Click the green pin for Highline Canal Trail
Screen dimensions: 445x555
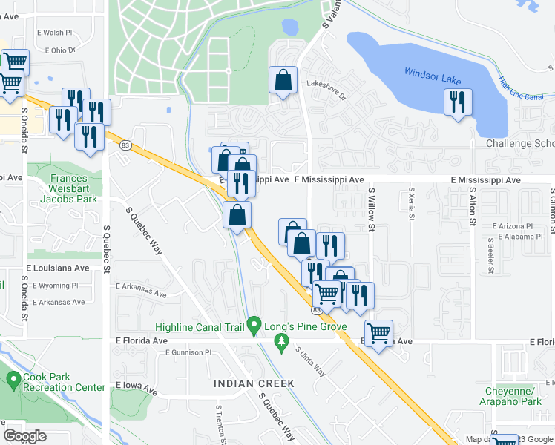254,325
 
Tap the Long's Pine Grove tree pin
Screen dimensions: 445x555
280,342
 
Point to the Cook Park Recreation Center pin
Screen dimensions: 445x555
13,381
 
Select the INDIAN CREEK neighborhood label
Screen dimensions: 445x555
254,383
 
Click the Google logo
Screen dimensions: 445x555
24,435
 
